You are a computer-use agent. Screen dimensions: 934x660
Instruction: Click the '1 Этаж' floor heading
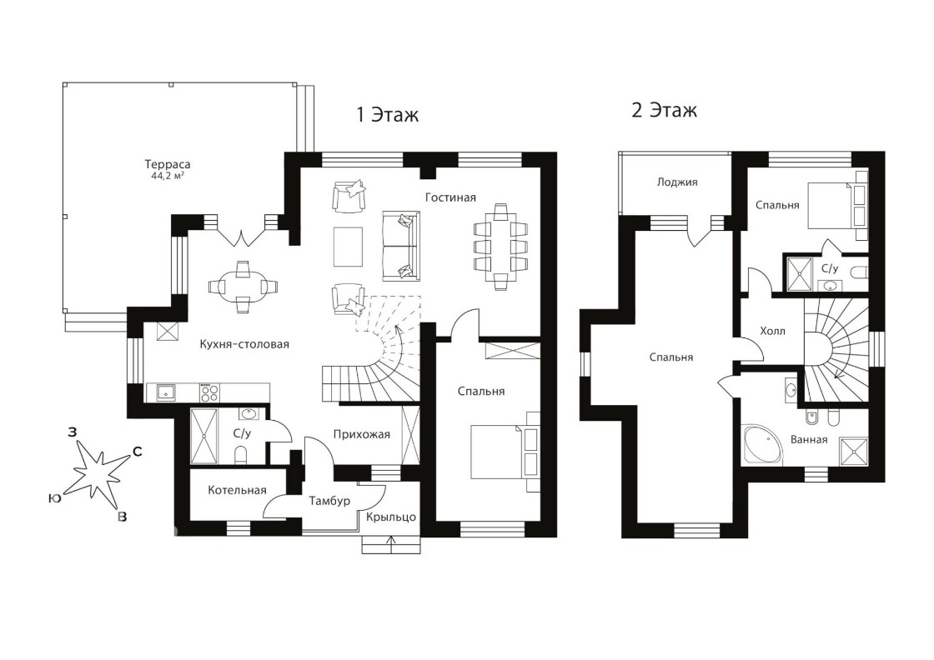387,113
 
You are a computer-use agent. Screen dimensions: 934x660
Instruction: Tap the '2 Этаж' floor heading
664,110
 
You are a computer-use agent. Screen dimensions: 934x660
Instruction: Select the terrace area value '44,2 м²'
168,176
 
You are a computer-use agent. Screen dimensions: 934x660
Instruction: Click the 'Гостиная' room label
450,197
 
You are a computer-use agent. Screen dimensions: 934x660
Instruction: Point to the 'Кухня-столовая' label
244,344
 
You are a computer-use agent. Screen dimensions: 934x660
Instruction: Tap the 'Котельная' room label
237,490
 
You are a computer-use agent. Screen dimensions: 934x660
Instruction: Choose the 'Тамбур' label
329,501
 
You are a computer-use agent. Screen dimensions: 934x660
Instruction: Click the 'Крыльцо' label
391,517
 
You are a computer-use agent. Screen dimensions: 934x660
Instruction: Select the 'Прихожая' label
362,434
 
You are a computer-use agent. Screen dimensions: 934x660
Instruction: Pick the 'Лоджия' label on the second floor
676,182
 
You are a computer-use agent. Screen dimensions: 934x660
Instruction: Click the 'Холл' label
772,331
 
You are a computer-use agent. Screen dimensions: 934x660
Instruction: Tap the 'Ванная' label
809,440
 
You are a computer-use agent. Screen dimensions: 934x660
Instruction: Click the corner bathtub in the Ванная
761,444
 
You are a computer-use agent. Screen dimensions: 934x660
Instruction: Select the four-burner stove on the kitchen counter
209,392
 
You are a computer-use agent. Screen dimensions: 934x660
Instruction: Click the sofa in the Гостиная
400,246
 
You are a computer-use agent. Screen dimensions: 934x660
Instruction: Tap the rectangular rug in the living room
348,247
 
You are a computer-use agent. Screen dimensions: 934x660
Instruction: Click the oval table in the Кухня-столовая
243,287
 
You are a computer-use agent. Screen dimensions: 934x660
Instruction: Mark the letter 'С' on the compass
137,452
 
